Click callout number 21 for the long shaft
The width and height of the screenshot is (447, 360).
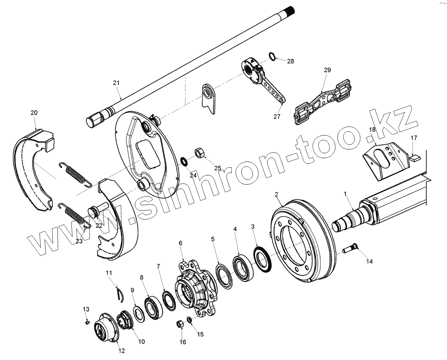(116, 83)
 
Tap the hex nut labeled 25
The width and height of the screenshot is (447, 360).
(199, 153)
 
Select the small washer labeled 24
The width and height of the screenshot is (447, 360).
(184, 161)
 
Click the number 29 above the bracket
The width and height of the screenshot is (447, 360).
(327, 70)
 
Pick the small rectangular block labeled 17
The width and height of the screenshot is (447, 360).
(414, 158)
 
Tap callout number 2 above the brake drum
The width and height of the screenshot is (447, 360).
(276, 194)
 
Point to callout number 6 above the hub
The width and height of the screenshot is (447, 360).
(181, 243)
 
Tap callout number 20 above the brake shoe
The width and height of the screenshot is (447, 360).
(34, 112)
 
